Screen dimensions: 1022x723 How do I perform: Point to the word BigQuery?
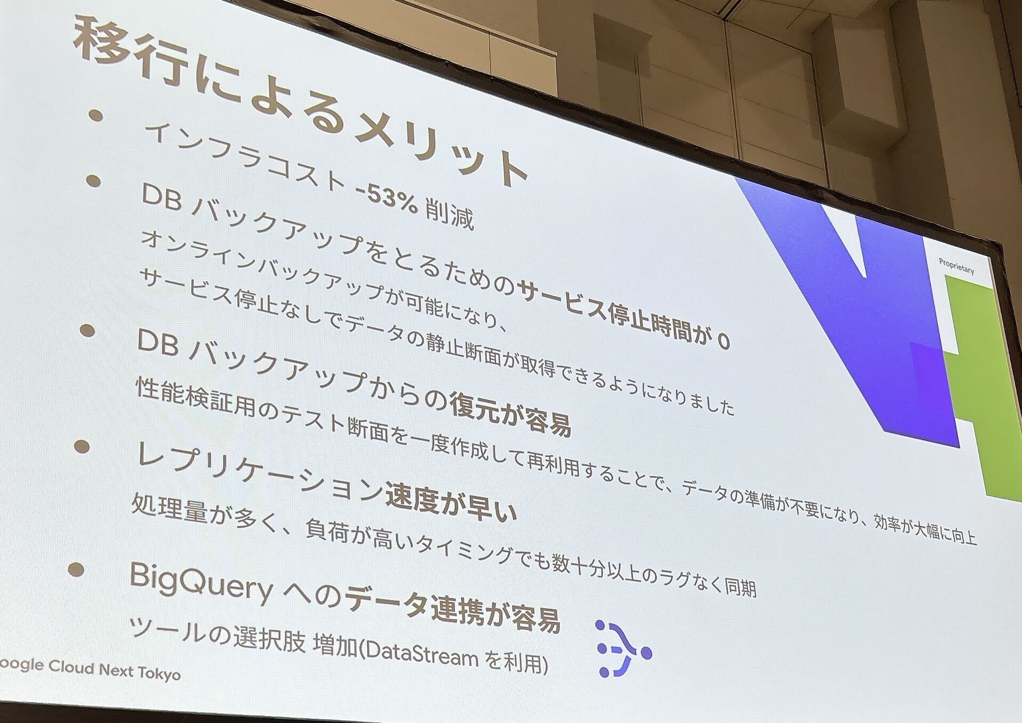201,584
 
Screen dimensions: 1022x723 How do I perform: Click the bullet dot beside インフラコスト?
96,116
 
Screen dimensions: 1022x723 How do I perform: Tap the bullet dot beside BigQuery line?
76,569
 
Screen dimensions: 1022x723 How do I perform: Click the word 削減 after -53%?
449,213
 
